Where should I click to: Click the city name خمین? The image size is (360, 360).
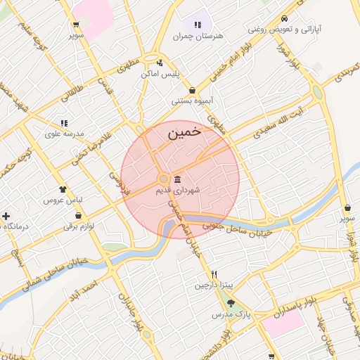(x=185, y=131)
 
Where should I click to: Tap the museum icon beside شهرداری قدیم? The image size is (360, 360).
(x=176, y=178)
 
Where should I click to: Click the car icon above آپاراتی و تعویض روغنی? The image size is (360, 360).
(x=283, y=18)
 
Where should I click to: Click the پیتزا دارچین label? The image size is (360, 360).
(x=213, y=285)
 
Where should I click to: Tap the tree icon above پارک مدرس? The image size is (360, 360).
(x=231, y=303)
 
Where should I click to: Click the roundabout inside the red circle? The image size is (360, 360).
(x=163, y=179)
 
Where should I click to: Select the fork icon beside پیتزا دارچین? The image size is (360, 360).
(x=214, y=274)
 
